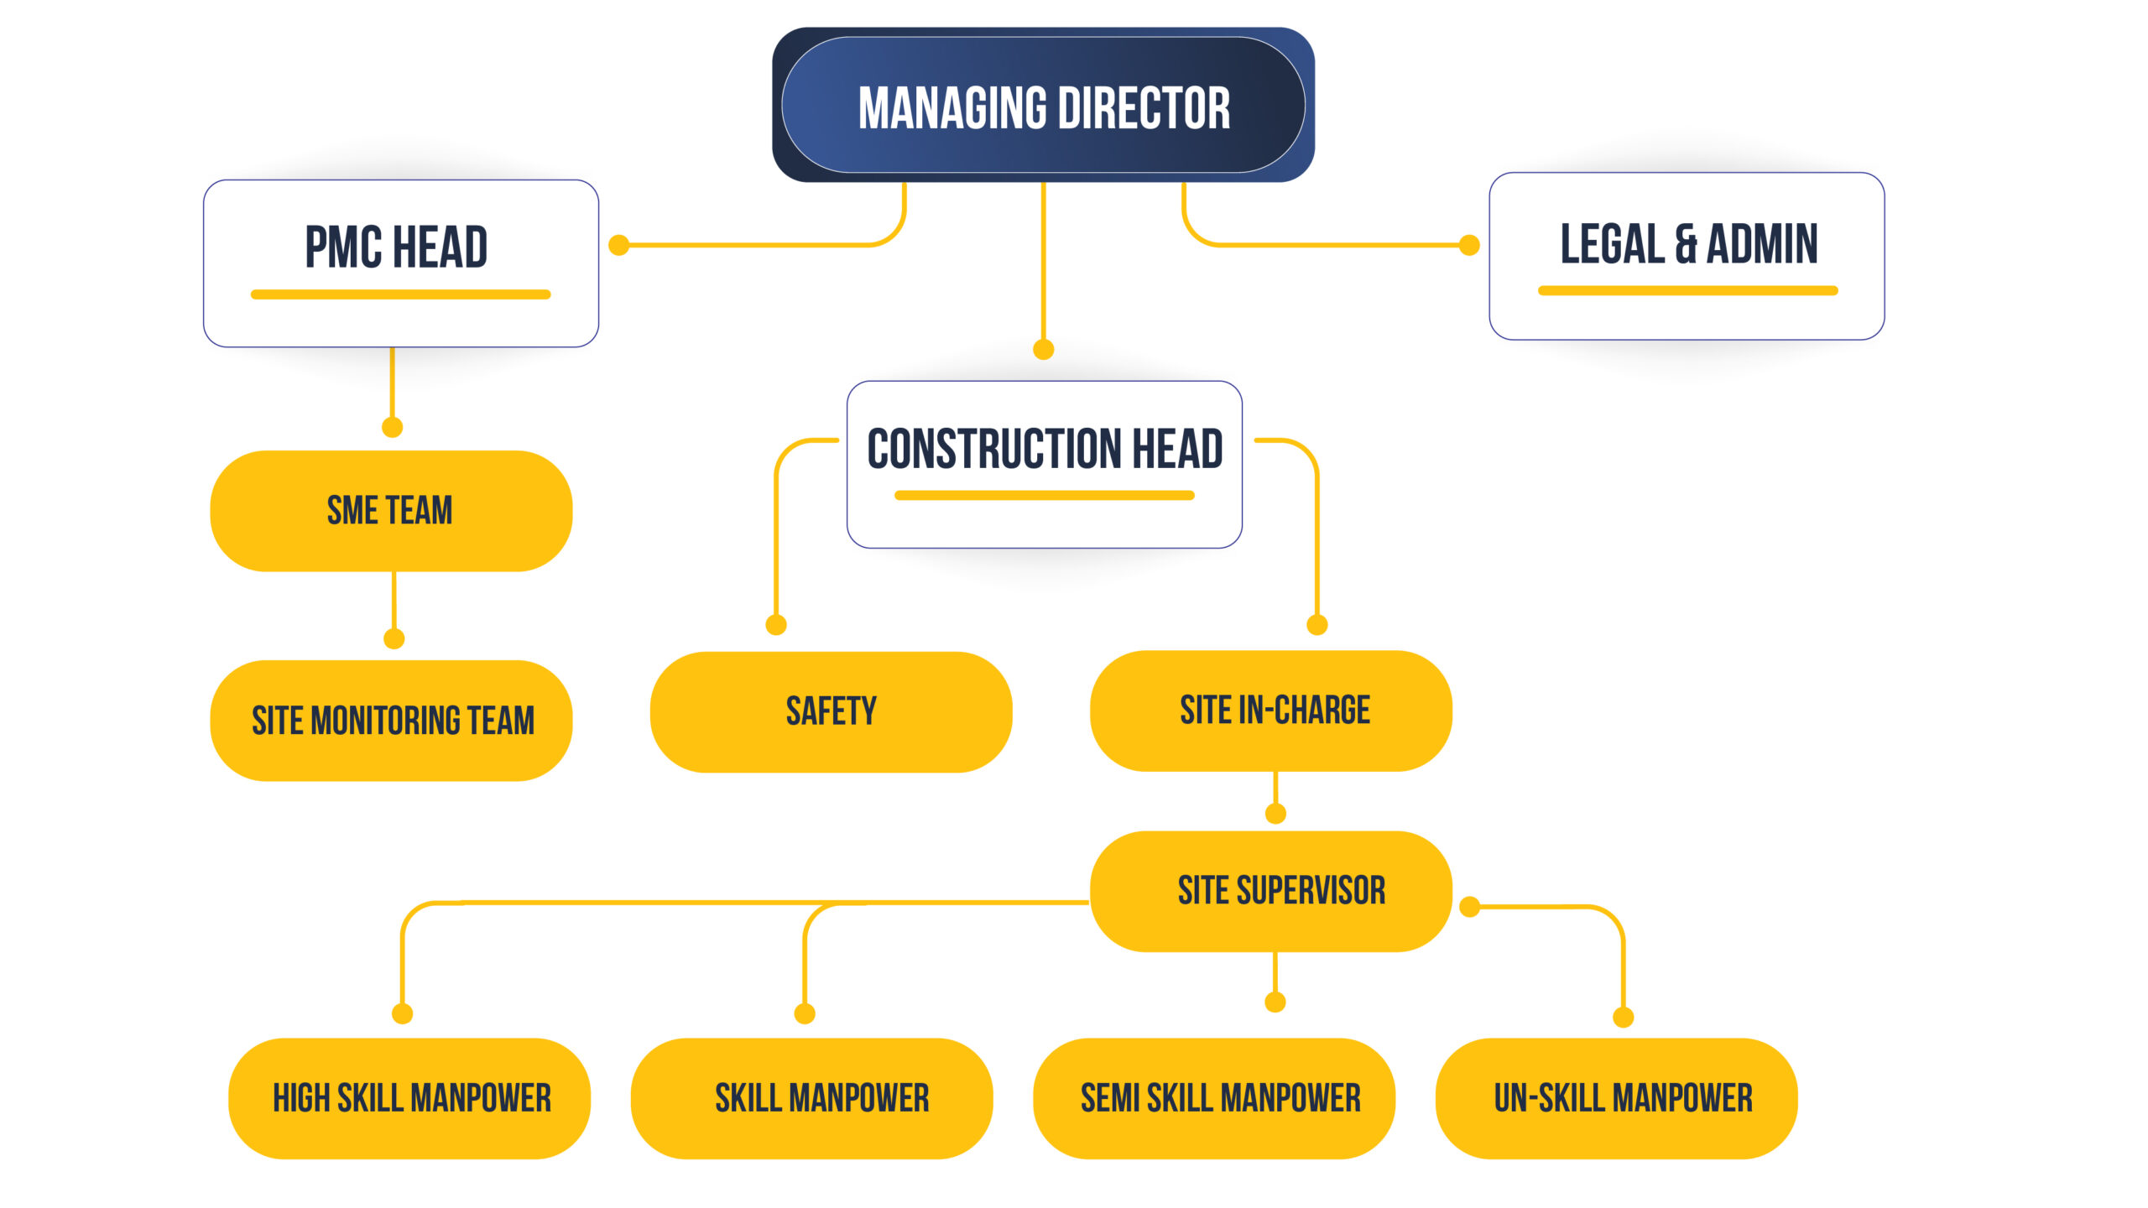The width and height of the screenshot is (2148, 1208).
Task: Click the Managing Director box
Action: (x=1043, y=105)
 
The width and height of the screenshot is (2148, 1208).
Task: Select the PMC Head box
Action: (x=401, y=263)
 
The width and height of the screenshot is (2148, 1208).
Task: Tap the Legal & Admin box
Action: (x=1687, y=256)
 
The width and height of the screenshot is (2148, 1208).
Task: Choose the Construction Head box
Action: (x=1045, y=465)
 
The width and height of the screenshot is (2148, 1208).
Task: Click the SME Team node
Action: (x=391, y=511)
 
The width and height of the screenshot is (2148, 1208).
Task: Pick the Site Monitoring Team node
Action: (x=391, y=721)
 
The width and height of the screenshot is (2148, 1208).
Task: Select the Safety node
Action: (x=831, y=711)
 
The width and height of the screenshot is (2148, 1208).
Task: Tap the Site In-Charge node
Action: (x=1271, y=711)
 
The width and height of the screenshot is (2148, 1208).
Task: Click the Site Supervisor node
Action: (x=1271, y=891)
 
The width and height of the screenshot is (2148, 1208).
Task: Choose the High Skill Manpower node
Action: (x=409, y=1098)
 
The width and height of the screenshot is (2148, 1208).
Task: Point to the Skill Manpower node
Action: (x=812, y=1098)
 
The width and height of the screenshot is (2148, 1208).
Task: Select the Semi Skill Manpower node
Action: (x=1214, y=1098)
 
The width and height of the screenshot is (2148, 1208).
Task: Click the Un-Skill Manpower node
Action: (x=1617, y=1098)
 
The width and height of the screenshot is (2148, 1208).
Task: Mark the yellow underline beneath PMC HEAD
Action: (x=401, y=294)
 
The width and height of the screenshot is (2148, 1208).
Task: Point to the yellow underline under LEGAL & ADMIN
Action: (x=1688, y=290)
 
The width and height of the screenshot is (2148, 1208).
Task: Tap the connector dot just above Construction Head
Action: (x=1044, y=349)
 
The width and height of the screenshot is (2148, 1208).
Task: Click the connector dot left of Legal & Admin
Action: (x=1469, y=245)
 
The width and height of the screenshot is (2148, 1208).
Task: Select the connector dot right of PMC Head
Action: (x=619, y=245)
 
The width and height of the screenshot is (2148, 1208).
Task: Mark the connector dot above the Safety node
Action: (x=776, y=625)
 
